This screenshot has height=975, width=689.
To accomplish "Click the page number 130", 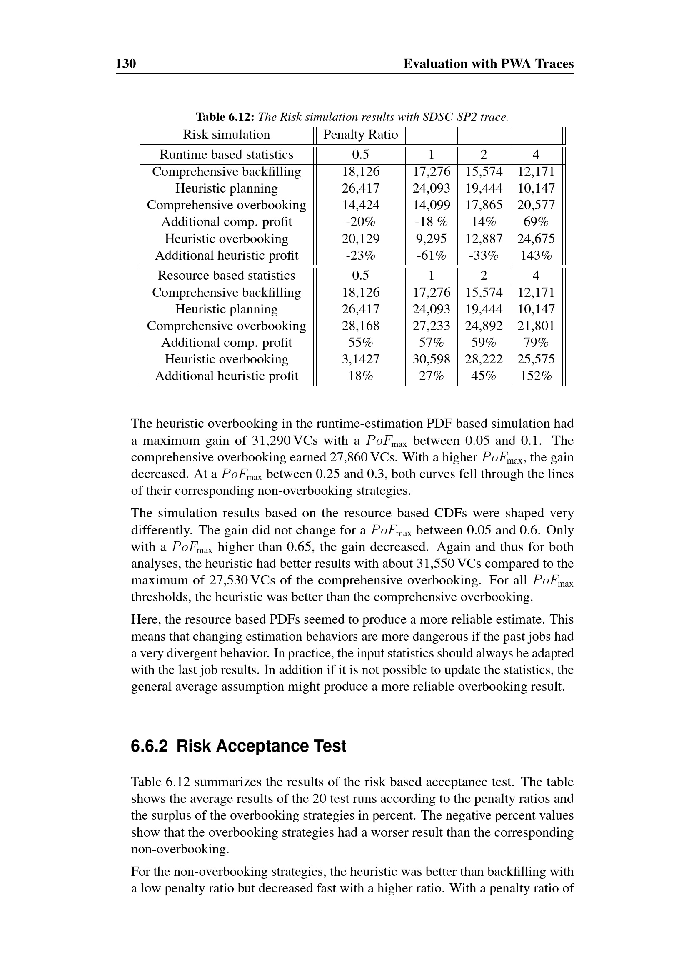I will [125, 64].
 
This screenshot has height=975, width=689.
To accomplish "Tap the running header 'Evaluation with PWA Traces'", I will [488, 64].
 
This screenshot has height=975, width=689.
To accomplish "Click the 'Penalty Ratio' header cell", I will [360, 135].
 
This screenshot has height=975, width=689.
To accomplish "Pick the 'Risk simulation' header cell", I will [226, 135].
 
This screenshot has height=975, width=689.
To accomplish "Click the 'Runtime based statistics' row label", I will [226, 155].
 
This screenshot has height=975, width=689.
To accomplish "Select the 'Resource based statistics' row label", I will [226, 276].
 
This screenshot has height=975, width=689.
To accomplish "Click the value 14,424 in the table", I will [361, 205].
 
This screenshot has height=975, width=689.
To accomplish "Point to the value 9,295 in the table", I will [431, 239].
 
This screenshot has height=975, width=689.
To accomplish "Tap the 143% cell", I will [536, 256].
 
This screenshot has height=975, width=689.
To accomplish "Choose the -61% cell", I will [431, 256].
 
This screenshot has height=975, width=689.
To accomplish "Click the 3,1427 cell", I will [361, 359].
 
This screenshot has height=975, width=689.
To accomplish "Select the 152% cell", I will [536, 376].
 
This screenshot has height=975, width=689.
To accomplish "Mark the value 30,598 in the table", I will [431, 359].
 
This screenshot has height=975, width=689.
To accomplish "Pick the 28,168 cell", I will [361, 326].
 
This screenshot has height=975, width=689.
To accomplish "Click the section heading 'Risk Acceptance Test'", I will [261, 746].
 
